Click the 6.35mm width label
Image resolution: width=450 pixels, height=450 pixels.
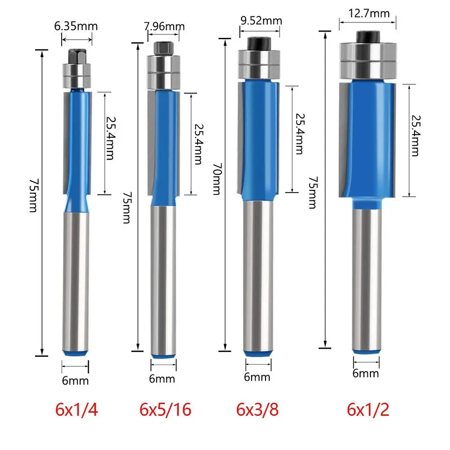pyautogui.click(x=76, y=26)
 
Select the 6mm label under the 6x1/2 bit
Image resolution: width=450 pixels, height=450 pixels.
pyautogui.click(x=366, y=373)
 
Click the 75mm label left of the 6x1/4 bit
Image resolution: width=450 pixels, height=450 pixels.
pyautogui.click(x=32, y=202)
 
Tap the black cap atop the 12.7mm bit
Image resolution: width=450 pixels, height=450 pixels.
pyautogui.click(x=367, y=36)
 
